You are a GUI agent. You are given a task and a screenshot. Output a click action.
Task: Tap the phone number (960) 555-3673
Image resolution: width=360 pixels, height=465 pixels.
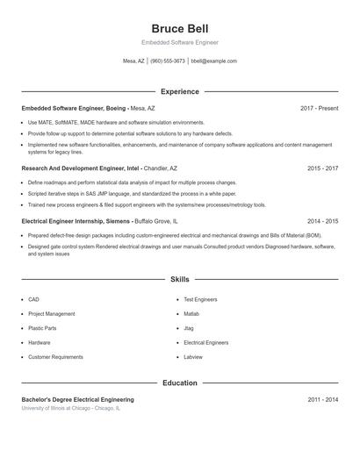pyautogui.click(x=168, y=61)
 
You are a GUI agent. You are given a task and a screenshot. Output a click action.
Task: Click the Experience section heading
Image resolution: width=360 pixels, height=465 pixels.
pyautogui.click(x=179, y=91)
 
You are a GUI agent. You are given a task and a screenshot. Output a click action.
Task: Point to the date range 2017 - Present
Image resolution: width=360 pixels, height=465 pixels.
pyautogui.click(x=319, y=108)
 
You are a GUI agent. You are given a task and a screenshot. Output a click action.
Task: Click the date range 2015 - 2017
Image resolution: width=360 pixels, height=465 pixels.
pyautogui.click(x=322, y=168)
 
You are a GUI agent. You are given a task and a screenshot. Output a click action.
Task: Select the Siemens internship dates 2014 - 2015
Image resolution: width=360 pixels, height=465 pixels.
pyautogui.click(x=322, y=222)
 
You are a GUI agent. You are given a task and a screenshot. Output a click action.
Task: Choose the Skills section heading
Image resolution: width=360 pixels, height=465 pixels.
pyautogui.click(x=179, y=278)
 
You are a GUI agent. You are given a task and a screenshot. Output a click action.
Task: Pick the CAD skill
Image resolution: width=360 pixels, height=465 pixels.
pyautogui.click(x=33, y=299)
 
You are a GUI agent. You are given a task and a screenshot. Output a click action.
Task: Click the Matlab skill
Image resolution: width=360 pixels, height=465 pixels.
pyautogui.click(x=191, y=313)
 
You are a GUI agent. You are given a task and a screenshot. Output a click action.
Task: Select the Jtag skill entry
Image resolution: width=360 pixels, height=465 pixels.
pyautogui.click(x=189, y=328)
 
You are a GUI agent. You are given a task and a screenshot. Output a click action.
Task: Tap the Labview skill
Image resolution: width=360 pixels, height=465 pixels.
pyautogui.click(x=192, y=357)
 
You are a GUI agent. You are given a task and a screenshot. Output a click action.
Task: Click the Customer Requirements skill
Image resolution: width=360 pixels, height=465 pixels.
pyautogui.click(x=55, y=357)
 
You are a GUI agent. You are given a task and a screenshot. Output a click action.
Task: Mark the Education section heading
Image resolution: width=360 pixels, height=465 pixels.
pyautogui.click(x=179, y=383)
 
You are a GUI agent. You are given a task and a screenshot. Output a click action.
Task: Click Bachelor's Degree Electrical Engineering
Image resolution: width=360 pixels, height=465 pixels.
pyautogui.click(x=77, y=399)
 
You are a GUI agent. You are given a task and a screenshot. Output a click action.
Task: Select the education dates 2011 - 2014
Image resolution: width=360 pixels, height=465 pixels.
pyautogui.click(x=322, y=399)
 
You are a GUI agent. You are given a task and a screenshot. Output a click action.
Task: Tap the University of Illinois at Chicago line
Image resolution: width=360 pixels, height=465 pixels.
pyautogui.click(x=71, y=408)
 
